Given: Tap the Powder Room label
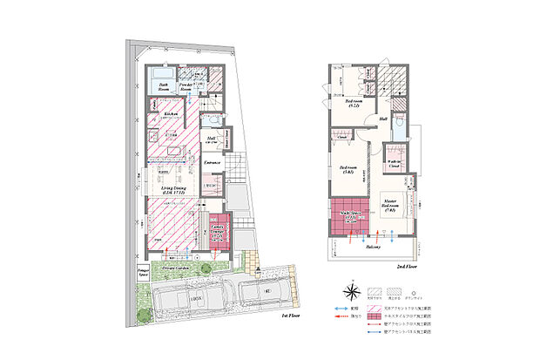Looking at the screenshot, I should click(x=186, y=87).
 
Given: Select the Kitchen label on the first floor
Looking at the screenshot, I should click(x=171, y=113).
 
